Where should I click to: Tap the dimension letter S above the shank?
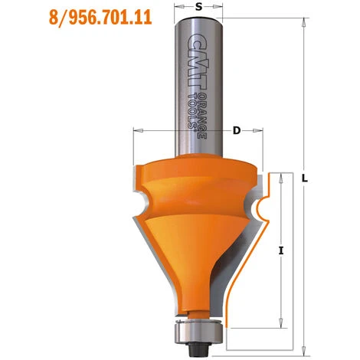click(198, 8)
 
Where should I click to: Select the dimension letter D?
click(237, 131)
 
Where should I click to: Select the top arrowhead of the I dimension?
click(283, 177)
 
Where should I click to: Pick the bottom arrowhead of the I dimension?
click(283, 322)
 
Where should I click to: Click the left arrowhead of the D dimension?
click(136, 131)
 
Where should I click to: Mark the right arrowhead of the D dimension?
click(261, 131)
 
